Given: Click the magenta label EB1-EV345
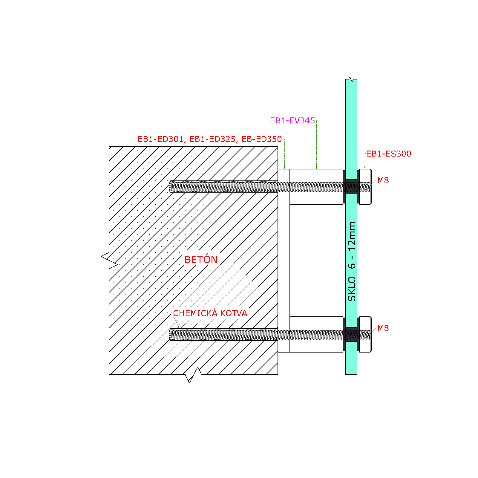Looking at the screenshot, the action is (x=292, y=121).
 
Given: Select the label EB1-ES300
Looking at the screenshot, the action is (x=389, y=154).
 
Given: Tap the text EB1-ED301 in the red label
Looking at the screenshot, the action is (x=160, y=139).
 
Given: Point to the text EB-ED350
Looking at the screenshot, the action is (x=262, y=139).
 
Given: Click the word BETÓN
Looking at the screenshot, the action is (x=201, y=259).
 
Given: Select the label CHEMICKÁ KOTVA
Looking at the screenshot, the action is (x=210, y=313).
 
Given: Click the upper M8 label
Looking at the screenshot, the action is (x=383, y=180).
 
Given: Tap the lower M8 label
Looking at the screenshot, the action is (x=383, y=328).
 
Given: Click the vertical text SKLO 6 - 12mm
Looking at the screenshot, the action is (x=352, y=261).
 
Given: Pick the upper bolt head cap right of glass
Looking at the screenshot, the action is (x=365, y=187).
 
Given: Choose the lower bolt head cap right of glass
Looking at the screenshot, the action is (x=365, y=335).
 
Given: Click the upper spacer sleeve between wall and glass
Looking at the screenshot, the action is (x=316, y=187).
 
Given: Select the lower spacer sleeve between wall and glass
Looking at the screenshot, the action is (x=316, y=335).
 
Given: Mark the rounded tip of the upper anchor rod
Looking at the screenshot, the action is (x=170, y=187).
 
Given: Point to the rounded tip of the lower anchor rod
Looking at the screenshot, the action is (x=170, y=335).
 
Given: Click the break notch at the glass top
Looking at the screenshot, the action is (x=351, y=79).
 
